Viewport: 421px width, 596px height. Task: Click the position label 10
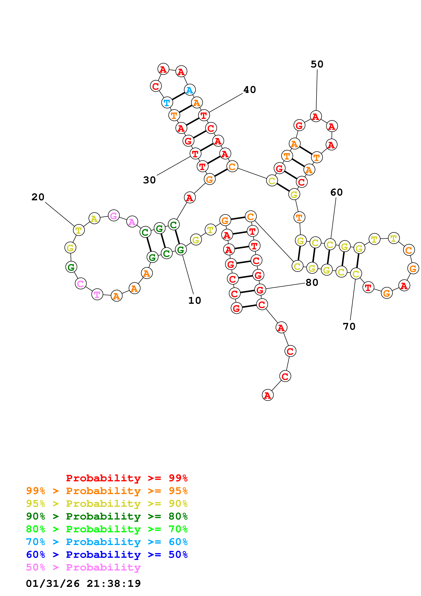tap(195, 300)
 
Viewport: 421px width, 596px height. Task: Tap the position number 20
tap(38, 197)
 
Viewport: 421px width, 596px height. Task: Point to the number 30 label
tap(149, 180)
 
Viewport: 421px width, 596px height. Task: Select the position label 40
tap(249, 90)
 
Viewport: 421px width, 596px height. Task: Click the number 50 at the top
tap(317, 64)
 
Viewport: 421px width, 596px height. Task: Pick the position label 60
tap(336, 192)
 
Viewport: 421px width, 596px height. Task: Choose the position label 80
tap(312, 282)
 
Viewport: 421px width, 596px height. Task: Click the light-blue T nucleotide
tap(167, 103)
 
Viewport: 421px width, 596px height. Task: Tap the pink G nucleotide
tap(114, 215)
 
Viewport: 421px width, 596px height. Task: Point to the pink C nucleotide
tap(81, 283)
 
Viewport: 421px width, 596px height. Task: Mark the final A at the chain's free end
tap(267, 395)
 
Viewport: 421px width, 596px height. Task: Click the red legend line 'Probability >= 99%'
tap(127, 478)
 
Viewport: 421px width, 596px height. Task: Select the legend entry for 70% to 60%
tap(107, 542)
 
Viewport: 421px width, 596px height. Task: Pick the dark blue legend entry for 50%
tap(107, 555)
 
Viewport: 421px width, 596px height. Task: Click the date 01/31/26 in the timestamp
tap(53, 584)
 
